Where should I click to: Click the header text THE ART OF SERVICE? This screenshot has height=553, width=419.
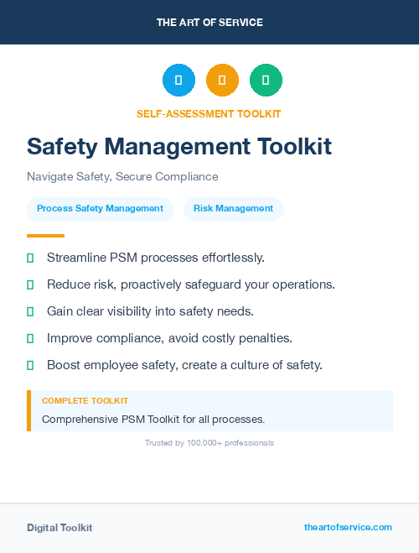209,23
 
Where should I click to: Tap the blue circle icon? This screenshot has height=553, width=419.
178,81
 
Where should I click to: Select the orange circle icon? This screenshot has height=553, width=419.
222,81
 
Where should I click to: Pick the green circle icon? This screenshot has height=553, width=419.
266,81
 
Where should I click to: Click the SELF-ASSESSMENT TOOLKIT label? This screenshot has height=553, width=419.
209,113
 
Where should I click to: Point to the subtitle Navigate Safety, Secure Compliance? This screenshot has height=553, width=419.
122,177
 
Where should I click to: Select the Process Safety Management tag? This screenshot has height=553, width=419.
100,209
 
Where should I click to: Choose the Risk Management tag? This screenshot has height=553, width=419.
233,209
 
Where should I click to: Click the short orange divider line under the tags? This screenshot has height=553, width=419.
45,236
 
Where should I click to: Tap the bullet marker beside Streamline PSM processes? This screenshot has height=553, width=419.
30,258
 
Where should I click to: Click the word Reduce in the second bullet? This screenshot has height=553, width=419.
68,284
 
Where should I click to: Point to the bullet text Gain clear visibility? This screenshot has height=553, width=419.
150,311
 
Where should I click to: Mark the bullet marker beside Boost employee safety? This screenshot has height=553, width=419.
30,365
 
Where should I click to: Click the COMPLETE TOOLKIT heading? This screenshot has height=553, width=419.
85,401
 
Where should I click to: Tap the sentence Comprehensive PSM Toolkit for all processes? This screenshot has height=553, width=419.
153,419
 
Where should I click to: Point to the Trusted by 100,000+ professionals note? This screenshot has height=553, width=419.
209,443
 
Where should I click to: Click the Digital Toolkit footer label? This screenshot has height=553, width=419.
59,528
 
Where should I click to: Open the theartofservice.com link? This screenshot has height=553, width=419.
348,527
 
